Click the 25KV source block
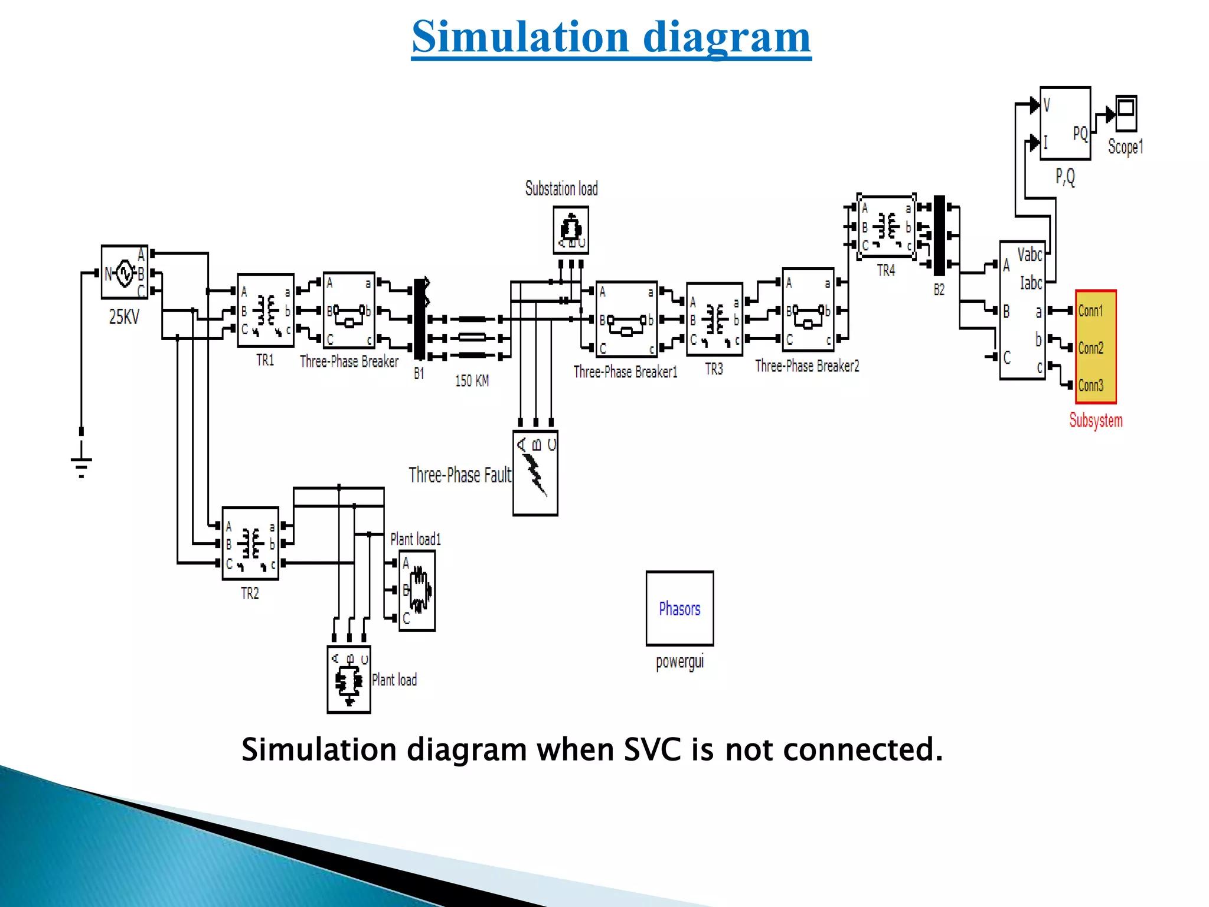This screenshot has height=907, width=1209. pos(125,272)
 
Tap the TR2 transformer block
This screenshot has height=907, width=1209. pos(250,543)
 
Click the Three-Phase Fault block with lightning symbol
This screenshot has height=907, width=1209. pos(535,473)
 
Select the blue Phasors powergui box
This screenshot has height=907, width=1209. pos(679,608)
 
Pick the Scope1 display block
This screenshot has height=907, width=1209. pos(1126,113)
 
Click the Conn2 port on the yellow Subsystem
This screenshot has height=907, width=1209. pos(1091,348)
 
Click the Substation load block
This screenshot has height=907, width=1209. pos(571,230)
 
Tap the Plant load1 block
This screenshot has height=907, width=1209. pos(417,590)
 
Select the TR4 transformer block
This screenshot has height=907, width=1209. pos(886,227)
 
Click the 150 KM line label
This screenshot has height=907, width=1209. pos(472,381)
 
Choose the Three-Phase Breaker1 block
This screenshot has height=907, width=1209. pos(626,319)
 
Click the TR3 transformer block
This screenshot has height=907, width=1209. pos(714,319)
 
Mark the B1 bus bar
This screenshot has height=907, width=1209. pos(419,319)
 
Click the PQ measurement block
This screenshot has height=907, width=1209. pos(1065,123)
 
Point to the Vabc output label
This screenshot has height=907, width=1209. pos(1030,255)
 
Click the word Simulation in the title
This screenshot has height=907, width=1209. pos(521,37)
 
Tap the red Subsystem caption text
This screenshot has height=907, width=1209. pos(1096,420)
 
